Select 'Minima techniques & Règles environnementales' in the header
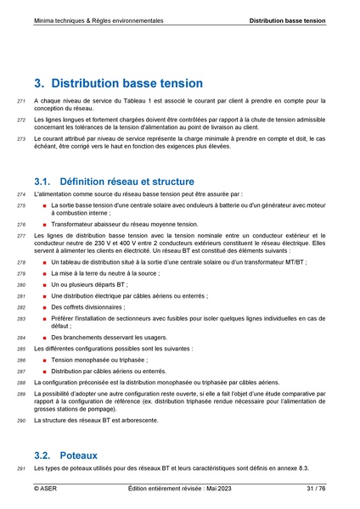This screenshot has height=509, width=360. point(99,19)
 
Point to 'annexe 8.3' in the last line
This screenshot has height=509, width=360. point(292,468)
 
